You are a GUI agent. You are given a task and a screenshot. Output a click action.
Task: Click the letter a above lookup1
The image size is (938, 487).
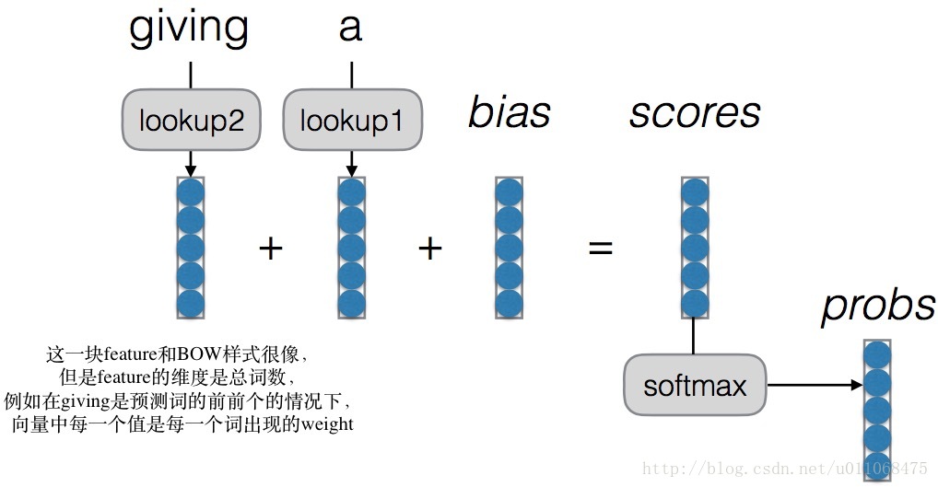coord(350,29)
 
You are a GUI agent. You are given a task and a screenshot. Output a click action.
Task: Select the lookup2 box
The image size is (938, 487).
coord(191,120)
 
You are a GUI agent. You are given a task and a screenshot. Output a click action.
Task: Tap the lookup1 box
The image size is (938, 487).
coord(351,121)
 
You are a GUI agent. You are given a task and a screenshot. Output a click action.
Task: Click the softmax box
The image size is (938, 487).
coord(695,384)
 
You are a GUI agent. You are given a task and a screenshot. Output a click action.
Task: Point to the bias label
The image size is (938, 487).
coord(509,113)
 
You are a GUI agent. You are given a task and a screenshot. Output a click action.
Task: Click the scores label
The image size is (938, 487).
coord(695,113)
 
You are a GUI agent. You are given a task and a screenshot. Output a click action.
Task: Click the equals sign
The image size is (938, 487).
coord(601,248)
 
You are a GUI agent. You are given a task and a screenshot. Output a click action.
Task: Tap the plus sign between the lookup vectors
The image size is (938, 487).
coord(270,248)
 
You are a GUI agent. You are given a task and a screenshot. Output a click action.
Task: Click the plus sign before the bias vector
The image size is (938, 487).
coord(430,248)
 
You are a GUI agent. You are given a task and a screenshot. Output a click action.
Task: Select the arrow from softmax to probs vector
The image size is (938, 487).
coord(815,384)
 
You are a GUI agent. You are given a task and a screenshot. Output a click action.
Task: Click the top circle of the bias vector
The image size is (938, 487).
coord(510,192)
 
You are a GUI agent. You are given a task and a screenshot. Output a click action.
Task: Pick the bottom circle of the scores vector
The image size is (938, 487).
coord(695,303)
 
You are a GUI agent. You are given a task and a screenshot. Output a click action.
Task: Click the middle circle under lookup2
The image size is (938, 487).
coord(191,248)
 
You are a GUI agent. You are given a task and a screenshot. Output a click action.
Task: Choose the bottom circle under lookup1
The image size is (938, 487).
coord(351,303)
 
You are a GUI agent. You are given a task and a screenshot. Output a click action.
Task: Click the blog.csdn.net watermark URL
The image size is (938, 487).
coord(784,469)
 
